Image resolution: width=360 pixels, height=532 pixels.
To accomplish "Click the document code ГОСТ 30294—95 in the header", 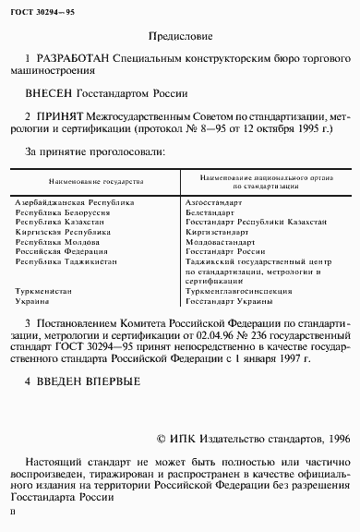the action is pos(42,11).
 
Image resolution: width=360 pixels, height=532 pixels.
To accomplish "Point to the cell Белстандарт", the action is pos(209,212).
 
